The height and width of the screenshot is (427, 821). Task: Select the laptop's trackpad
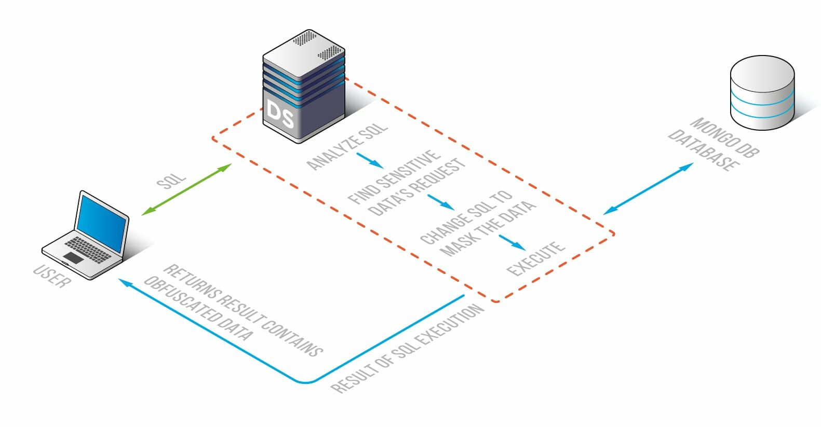[x=73, y=257]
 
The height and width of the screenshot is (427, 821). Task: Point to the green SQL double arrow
[x=187, y=189]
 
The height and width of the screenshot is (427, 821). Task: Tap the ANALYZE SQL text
[x=347, y=146]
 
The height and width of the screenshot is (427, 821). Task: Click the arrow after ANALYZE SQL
[x=370, y=160]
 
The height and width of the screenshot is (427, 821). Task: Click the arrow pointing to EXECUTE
[x=512, y=242]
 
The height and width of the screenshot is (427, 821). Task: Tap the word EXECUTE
[x=535, y=258]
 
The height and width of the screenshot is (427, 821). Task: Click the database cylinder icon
[x=762, y=93]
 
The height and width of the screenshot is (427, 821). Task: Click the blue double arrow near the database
[x=648, y=188]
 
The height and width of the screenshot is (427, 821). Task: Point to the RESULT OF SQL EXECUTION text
[x=408, y=349]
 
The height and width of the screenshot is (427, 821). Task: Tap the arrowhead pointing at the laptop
[x=123, y=281]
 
